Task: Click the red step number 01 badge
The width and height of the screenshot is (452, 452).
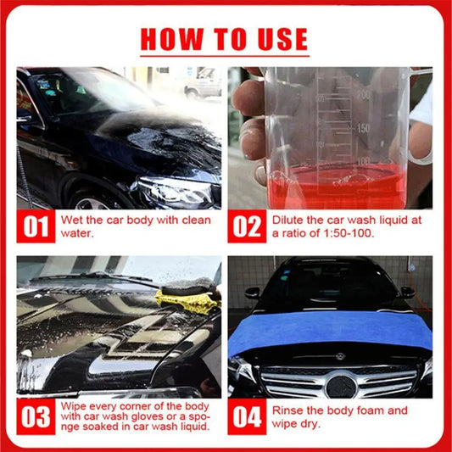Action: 36,226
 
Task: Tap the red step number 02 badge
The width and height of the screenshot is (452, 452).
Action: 246,226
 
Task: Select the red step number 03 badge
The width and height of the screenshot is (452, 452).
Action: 36,417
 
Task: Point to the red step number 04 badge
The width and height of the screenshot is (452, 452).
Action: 246,417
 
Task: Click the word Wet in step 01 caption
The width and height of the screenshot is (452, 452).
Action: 73,219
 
